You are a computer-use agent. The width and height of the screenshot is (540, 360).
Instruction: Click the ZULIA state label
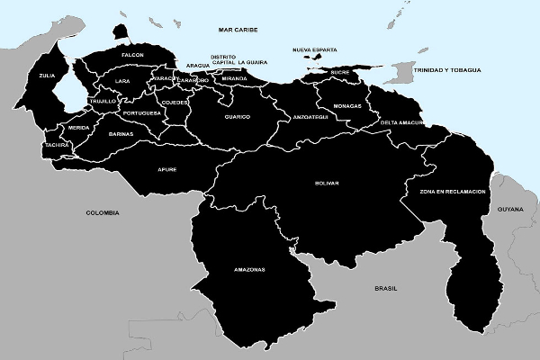click(47, 76)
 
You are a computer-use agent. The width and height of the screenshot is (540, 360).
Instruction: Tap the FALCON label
click(132, 56)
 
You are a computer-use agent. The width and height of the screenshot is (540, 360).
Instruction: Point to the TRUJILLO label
click(103, 102)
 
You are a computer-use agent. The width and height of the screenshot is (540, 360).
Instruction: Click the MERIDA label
click(78, 128)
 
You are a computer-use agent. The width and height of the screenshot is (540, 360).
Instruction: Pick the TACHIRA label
click(56, 144)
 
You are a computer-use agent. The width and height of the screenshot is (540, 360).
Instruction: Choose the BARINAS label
click(121, 134)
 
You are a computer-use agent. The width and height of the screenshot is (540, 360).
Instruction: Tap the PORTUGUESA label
click(142, 113)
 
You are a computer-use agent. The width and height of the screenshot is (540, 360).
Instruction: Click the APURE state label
click(167, 169)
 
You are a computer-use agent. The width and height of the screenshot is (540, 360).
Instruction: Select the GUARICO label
click(238, 117)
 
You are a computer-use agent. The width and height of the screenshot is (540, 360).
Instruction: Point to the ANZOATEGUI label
click(310, 117)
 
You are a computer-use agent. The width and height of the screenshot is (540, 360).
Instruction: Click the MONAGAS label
click(346, 106)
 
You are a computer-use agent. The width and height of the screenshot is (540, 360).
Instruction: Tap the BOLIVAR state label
click(327, 184)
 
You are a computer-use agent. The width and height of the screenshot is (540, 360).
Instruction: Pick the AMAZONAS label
click(249, 270)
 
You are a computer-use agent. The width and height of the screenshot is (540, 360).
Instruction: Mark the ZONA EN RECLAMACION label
click(453, 193)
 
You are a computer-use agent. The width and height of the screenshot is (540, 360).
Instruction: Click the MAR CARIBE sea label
click(238, 30)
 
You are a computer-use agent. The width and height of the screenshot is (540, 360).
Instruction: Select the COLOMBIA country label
click(102, 212)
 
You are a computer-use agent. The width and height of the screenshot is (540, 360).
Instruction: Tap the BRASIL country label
click(386, 288)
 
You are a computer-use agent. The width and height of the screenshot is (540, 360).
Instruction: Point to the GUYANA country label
click(509, 209)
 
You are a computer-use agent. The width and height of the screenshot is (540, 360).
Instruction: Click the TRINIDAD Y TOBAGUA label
click(447, 69)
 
